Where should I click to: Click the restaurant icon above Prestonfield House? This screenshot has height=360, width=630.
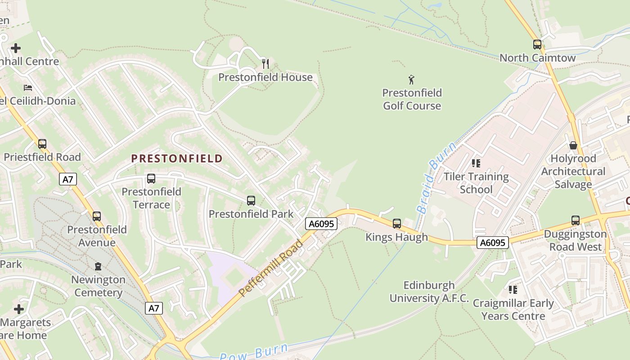pyautogui.click(x=265, y=64)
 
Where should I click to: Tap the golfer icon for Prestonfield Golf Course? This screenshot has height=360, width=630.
pyautogui.click(x=411, y=80)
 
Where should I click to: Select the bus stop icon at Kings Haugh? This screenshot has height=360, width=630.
pyautogui.click(x=396, y=223)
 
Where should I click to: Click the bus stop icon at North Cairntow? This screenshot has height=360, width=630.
pyautogui.click(x=537, y=45)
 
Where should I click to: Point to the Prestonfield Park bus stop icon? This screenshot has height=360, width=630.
pyautogui.click(x=251, y=201)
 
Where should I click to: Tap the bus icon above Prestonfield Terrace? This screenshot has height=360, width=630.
pyautogui.click(x=151, y=179)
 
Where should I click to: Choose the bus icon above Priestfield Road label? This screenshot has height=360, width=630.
pyautogui.click(x=42, y=144)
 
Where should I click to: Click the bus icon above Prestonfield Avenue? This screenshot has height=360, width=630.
pyautogui.click(x=97, y=216)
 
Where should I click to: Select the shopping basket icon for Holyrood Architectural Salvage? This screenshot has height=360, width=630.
pyautogui.click(x=573, y=145)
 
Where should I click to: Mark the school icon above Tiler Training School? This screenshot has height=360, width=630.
pyautogui.click(x=476, y=163)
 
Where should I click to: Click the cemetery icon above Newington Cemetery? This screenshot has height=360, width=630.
pyautogui.click(x=98, y=266)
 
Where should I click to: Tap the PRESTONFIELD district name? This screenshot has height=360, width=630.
pyautogui.click(x=177, y=158)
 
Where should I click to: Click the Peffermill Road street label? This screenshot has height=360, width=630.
pyautogui.click(x=271, y=269)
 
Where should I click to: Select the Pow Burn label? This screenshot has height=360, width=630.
pyautogui.click(x=254, y=352)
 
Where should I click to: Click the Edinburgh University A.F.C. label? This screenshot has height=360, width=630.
pyautogui.click(x=429, y=292)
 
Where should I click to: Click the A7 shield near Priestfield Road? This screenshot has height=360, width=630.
pyautogui.click(x=67, y=180)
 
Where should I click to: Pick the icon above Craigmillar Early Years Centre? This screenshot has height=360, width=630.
pyautogui.click(x=513, y=289)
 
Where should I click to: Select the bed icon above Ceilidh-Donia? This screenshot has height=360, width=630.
pyautogui.click(x=28, y=87)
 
